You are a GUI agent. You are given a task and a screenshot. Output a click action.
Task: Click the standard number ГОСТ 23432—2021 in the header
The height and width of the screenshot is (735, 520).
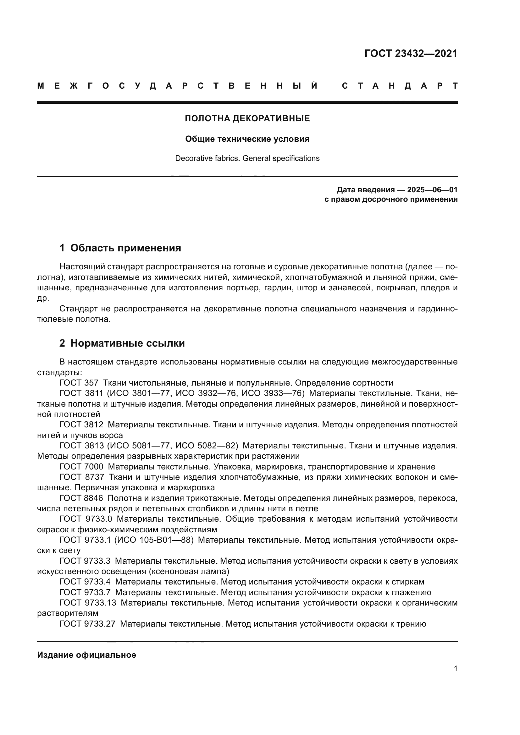[411, 53]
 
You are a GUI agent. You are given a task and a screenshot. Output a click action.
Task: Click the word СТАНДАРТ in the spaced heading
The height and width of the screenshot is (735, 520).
[400, 86]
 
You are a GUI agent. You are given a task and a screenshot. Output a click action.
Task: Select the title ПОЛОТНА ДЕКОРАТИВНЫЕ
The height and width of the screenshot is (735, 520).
[247, 118]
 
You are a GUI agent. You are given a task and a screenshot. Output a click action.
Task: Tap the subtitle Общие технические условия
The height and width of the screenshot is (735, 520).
[247, 139]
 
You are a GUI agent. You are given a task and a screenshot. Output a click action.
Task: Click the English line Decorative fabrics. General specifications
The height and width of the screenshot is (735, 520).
[247, 158]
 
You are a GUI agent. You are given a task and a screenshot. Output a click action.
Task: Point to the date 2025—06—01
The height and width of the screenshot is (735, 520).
[432, 190]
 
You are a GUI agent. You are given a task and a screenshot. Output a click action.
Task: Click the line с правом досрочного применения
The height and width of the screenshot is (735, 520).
[391, 200]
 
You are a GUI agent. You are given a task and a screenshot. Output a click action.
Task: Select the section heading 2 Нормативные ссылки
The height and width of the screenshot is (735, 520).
[122, 343]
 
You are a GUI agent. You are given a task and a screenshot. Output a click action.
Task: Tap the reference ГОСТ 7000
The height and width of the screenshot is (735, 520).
[81, 467]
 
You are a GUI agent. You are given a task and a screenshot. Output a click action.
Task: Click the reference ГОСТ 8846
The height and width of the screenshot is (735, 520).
[81, 498]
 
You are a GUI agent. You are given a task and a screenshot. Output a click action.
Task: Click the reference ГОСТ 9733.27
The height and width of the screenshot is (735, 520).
[87, 623]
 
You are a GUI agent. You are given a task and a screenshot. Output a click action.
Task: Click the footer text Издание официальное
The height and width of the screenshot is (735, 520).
[86, 655]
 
